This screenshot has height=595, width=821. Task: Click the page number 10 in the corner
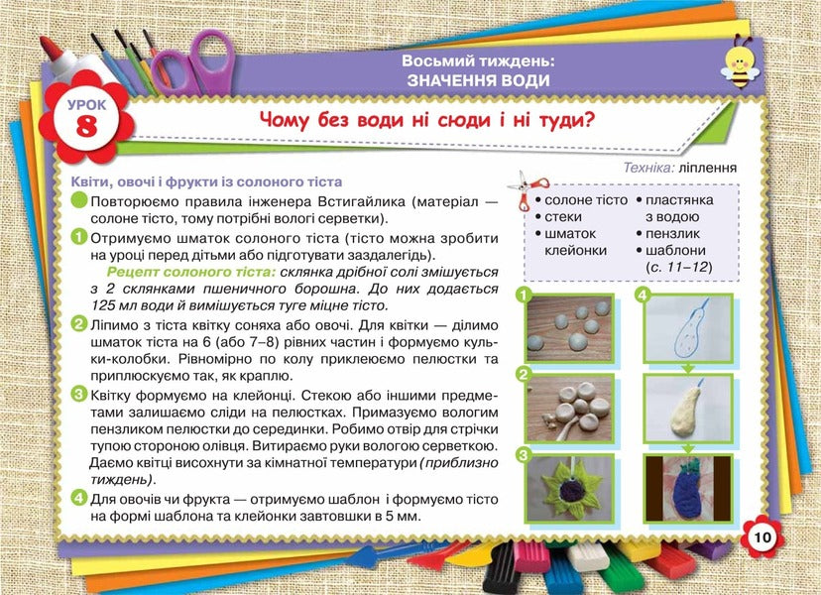pyautogui.click(x=761, y=537)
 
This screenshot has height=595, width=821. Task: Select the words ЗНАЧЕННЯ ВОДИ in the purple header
pyautogui.click(x=478, y=80)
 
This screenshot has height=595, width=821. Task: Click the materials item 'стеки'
pyautogui.click(x=563, y=216)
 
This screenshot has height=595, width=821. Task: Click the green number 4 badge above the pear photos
pyautogui.click(x=642, y=296)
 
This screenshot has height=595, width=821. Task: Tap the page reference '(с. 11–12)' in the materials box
pyautogui.click(x=679, y=267)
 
